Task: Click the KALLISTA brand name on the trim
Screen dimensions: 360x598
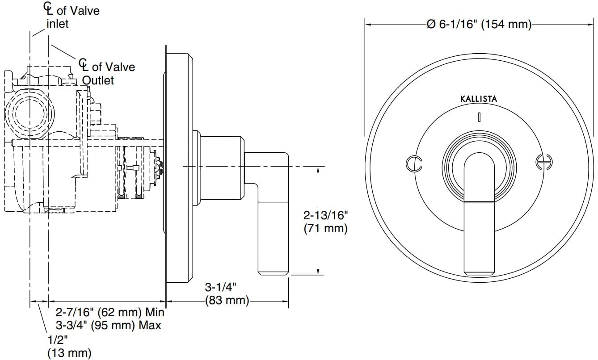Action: pyautogui.click(x=478, y=99)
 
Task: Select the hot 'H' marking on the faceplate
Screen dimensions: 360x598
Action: pyautogui.click(x=543, y=163)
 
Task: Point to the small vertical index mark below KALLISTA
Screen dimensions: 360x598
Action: pyautogui.click(x=479, y=117)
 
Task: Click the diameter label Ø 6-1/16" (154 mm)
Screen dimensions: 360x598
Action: pyautogui.click(x=479, y=24)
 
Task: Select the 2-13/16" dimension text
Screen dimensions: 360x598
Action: pyautogui.click(x=325, y=216)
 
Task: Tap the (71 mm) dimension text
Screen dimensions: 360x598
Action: pyautogui.click(x=325, y=229)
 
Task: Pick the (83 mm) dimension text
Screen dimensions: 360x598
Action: pyautogui.click(x=226, y=300)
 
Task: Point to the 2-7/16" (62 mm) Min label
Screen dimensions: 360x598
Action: pyautogui.click(x=110, y=312)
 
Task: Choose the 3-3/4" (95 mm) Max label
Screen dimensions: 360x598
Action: pyautogui.click(x=108, y=325)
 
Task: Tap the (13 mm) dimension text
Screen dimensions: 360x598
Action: pyautogui.click(x=69, y=353)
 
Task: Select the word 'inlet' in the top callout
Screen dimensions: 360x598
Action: pyautogui.click(x=58, y=24)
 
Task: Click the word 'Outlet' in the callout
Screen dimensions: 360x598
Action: pyautogui.click(x=98, y=80)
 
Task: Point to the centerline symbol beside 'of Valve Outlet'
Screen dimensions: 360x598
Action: pyautogui.click(x=84, y=65)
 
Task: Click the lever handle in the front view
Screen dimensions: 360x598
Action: pyautogui.click(x=480, y=214)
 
